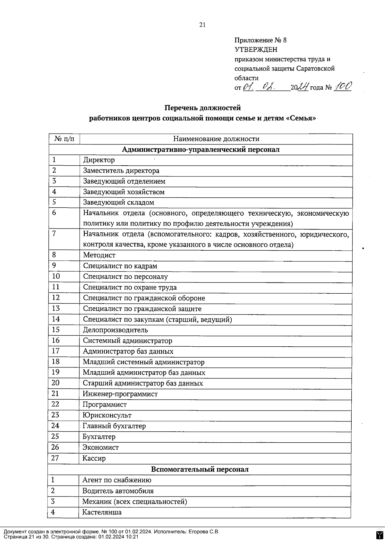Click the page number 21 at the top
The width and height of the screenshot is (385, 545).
tap(202, 25)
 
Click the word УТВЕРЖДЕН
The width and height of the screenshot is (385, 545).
tap(256, 50)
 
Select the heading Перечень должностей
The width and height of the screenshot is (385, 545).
tap(202, 108)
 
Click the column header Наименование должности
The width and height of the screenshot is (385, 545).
tap(216, 139)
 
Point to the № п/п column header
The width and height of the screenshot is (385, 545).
tap(64, 139)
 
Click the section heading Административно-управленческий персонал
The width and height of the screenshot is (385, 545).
tap(201, 150)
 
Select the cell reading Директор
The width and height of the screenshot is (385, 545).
tap(99, 160)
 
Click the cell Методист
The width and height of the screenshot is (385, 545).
tap(99, 255)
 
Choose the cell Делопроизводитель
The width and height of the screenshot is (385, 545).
tap(116, 330)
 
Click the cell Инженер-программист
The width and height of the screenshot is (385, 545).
tap(120, 394)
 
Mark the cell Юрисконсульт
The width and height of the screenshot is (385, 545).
tap(107, 415)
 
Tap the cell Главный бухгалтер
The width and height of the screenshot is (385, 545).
tap(114, 426)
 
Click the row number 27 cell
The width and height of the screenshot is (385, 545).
tap(55, 458)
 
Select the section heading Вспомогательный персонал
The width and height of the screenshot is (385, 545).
tap(200, 469)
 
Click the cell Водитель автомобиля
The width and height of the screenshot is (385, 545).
tap(118, 491)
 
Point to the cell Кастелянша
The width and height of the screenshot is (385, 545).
tap(102, 512)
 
